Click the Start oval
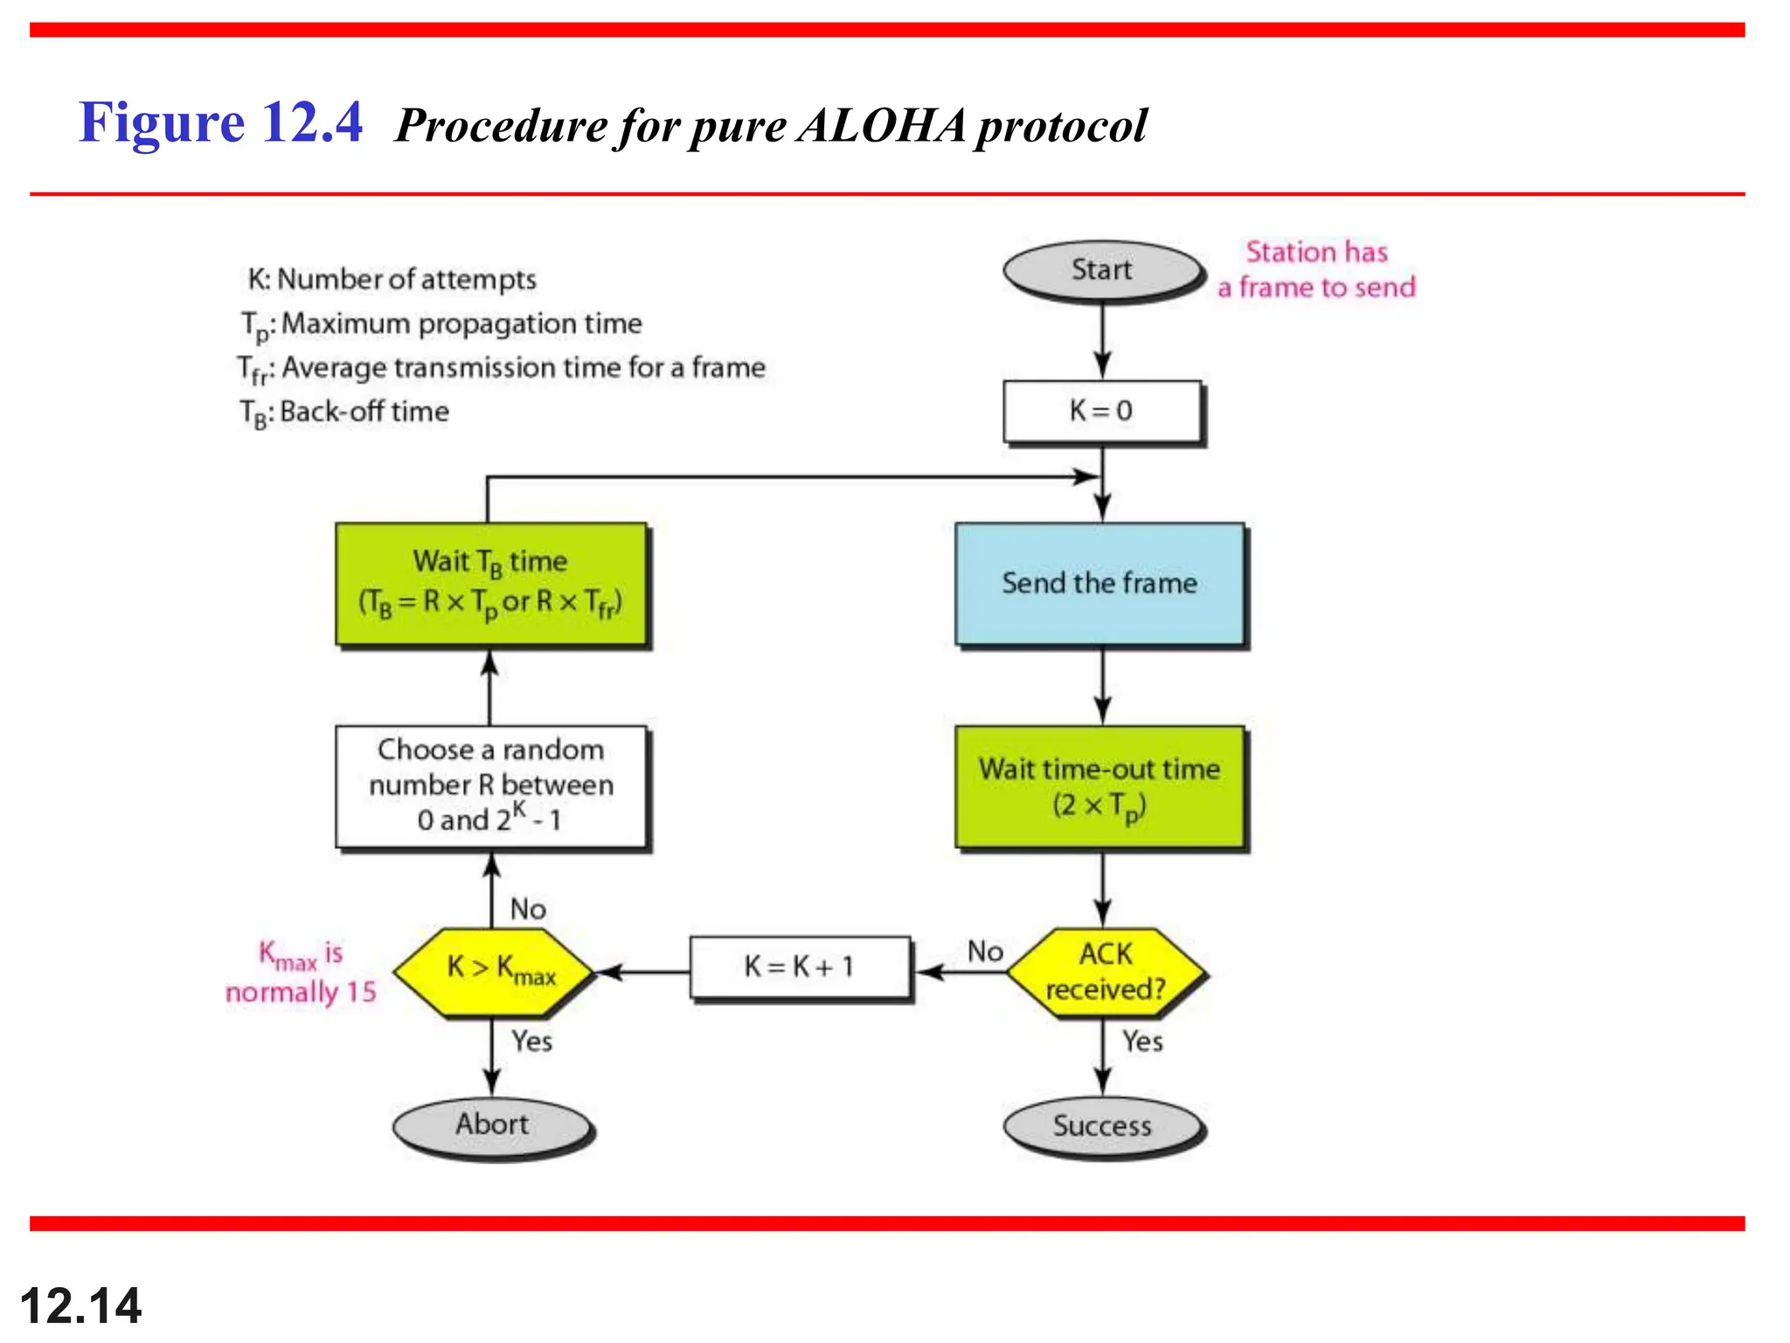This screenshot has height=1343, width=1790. [x=1103, y=270]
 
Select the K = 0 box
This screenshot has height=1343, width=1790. [x=1101, y=411]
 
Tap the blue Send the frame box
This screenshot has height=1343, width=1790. [x=1100, y=583]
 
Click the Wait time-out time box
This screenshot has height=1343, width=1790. [x=1100, y=786]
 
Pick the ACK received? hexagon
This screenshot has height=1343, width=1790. [x=1106, y=971]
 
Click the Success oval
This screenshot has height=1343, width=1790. [x=1102, y=1125]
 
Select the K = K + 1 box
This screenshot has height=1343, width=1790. [x=800, y=967]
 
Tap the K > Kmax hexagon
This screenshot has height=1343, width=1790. [x=494, y=971]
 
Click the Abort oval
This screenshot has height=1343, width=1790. [x=492, y=1124]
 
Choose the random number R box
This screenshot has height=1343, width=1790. [x=491, y=785]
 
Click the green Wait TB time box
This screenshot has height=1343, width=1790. [x=491, y=582]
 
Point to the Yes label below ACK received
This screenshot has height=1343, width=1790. [x=1142, y=1041]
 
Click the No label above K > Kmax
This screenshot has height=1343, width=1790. [x=529, y=909]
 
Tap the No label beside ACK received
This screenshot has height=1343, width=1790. [x=985, y=951]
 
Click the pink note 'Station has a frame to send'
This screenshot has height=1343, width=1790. [x=1316, y=269]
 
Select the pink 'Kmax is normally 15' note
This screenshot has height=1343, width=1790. [x=302, y=972]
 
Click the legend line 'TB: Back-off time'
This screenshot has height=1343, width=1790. [x=345, y=412]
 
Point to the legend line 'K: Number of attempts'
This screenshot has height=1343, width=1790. [x=392, y=280]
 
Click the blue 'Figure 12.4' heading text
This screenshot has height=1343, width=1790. [x=220, y=122]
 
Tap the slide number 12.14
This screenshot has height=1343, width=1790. [x=80, y=1305]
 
